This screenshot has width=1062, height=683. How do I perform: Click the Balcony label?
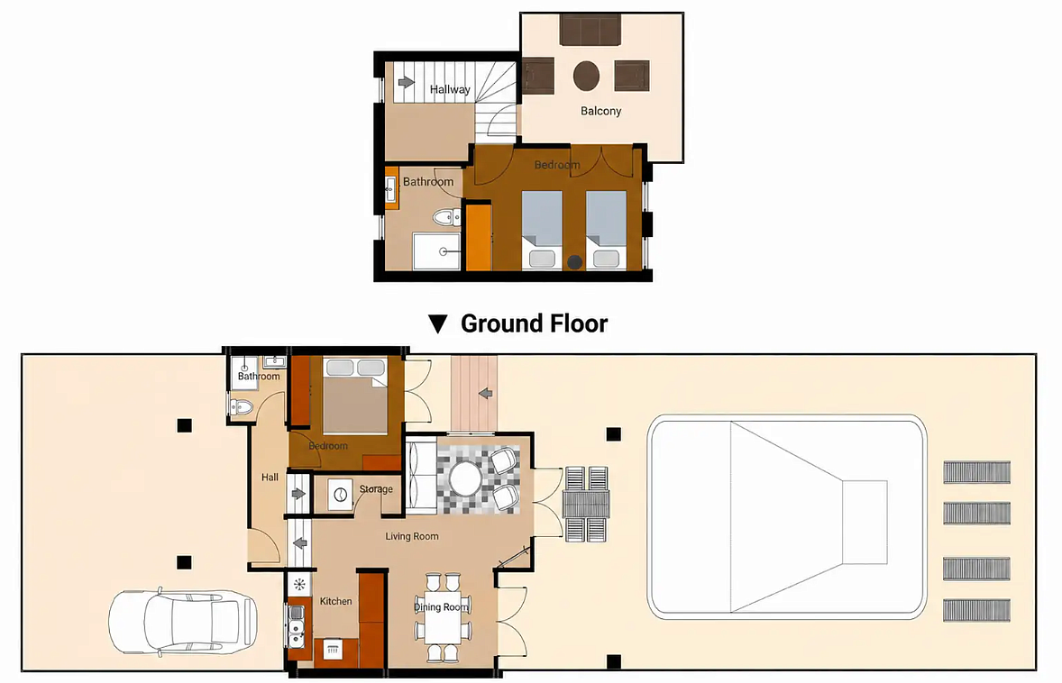(x=600, y=111)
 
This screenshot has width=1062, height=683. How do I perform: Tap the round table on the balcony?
(x=587, y=76)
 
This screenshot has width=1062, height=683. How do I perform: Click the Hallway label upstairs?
(x=450, y=89)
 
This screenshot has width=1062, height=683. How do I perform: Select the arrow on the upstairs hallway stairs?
(x=406, y=82)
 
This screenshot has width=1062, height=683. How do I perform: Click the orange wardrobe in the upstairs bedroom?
(x=478, y=237)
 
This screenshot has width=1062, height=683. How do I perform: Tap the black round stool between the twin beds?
(x=575, y=262)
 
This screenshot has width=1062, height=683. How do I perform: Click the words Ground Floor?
(x=535, y=323)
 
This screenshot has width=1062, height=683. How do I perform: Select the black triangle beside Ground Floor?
(x=437, y=324)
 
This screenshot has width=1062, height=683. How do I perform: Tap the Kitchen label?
(x=336, y=601)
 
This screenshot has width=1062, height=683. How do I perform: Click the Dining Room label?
(x=442, y=607)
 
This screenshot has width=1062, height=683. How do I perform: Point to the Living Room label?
(x=412, y=536)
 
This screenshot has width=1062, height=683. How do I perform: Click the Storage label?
(x=376, y=488)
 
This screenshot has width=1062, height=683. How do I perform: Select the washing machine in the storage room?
(x=341, y=495)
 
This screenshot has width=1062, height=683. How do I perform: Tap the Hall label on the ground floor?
(x=270, y=478)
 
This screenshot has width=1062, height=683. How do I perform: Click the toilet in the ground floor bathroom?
(x=241, y=406)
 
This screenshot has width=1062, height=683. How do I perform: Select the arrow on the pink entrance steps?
(x=485, y=393)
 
